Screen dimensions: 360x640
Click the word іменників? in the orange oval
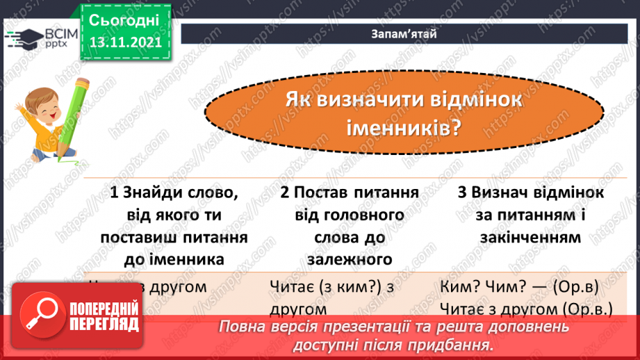coord(404,128)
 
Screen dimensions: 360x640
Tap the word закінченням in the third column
coord(530,237)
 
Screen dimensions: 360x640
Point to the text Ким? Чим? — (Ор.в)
coord(520,286)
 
